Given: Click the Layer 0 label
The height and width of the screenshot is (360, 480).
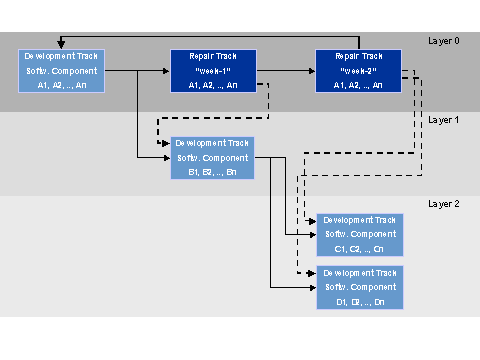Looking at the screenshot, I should point(443,41).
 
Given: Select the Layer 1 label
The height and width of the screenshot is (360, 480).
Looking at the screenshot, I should point(443,120).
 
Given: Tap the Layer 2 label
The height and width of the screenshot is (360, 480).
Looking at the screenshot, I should point(443,203).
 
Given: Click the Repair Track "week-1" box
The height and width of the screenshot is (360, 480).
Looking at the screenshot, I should point(213,71).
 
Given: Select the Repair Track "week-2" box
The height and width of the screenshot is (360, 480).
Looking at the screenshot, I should point(358,71).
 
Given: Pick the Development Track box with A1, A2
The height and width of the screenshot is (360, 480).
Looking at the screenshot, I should point(62,71).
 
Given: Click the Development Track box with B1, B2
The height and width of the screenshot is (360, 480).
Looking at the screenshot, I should point(213,158).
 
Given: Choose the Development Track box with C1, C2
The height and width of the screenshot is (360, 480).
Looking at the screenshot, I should point(360,234).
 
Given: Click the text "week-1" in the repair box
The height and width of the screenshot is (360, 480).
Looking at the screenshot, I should point(213,71).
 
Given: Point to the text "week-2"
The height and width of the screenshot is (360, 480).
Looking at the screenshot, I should point(358,71).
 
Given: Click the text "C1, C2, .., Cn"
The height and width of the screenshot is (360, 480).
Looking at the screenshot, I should point(360,248).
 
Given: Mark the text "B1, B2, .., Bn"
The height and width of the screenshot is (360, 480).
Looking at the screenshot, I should point(213,172).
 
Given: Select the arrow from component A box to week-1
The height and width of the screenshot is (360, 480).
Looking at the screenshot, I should point(136,71).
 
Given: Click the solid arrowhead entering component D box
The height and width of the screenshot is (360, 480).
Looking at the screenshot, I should point(312,288).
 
